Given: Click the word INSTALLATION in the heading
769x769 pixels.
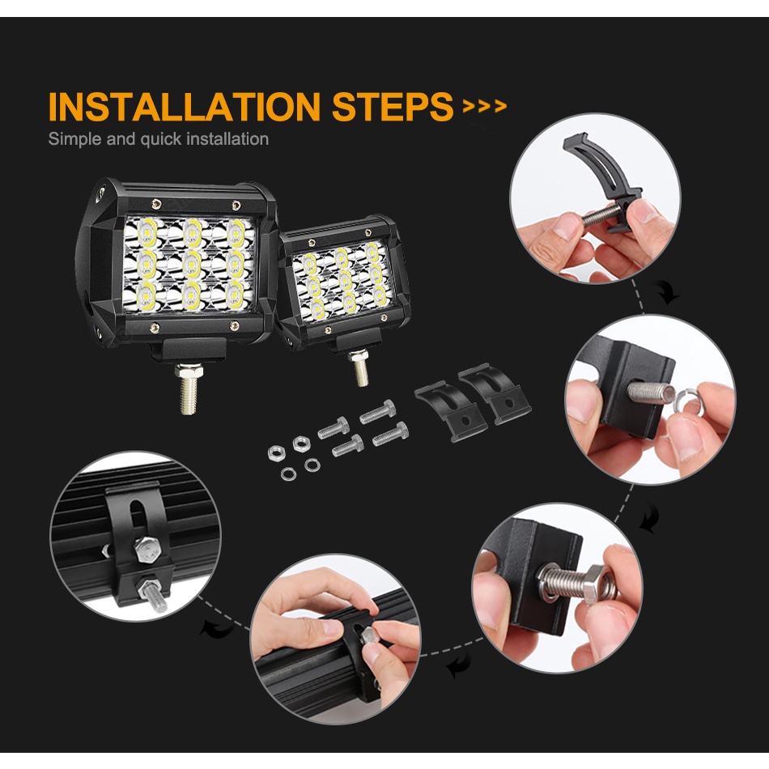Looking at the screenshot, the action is coord(185,106).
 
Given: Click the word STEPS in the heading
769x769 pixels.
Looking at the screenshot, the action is coord(393,106).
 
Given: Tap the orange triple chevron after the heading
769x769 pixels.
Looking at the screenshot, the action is coord(485,106).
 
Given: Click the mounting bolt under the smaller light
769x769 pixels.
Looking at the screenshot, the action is coord(360,367).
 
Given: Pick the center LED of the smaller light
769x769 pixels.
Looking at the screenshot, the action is coord(345,279).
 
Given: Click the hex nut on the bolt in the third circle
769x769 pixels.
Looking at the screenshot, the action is coord(599,584).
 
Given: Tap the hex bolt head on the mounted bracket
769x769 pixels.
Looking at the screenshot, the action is coord(147,550).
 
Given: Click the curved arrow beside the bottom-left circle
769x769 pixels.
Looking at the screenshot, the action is coord(217,630).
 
